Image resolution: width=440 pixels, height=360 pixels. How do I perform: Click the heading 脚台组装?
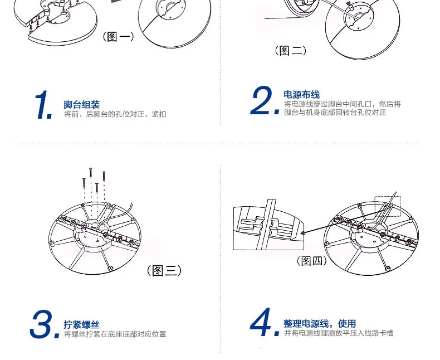[x=82, y=105]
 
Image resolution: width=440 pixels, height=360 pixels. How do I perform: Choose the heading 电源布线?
[x=302, y=95]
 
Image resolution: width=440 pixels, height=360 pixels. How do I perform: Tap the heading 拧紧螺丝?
[x=82, y=325]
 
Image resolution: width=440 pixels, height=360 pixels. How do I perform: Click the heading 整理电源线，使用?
[x=320, y=323]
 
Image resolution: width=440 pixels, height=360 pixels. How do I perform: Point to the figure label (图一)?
[x=119, y=37]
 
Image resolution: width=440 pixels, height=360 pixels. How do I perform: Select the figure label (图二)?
[x=290, y=51]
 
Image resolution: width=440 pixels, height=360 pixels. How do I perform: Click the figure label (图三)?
[x=164, y=270]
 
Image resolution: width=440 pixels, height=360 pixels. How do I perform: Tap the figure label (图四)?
[x=312, y=261]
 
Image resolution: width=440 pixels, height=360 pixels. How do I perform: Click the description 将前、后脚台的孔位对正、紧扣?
[x=115, y=114]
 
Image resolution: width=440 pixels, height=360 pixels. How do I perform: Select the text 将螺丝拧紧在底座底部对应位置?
[x=115, y=334]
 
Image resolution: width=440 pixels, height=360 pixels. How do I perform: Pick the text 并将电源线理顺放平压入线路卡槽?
[x=339, y=333]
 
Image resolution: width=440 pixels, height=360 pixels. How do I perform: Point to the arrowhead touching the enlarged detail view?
[x=302, y=233]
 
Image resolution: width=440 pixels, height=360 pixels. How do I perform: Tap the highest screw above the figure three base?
[x=91, y=173]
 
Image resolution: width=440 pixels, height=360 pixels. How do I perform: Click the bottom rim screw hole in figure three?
[x=110, y=269]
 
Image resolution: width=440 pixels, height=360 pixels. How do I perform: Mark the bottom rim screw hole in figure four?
[x=388, y=269]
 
